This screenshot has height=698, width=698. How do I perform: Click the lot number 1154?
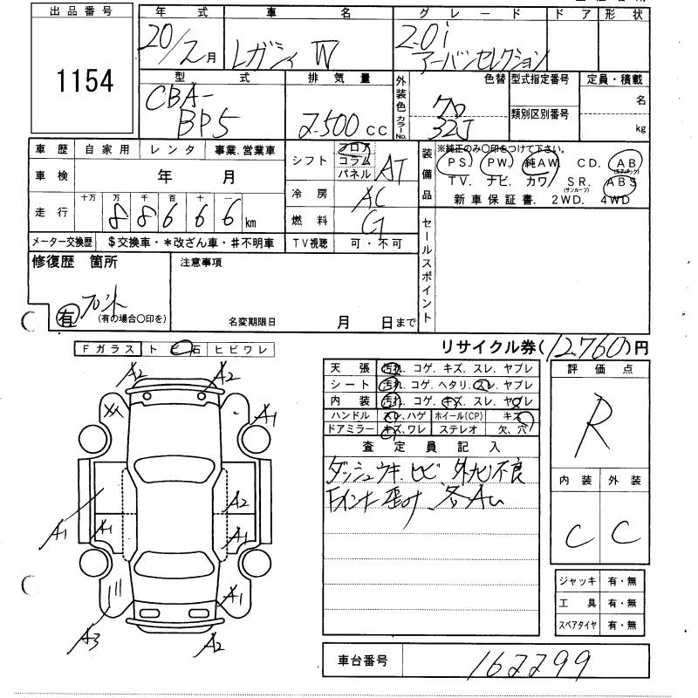[x=86, y=82]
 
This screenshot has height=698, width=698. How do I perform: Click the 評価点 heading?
[x=599, y=369]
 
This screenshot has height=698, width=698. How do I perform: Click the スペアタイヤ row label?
[x=577, y=626]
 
